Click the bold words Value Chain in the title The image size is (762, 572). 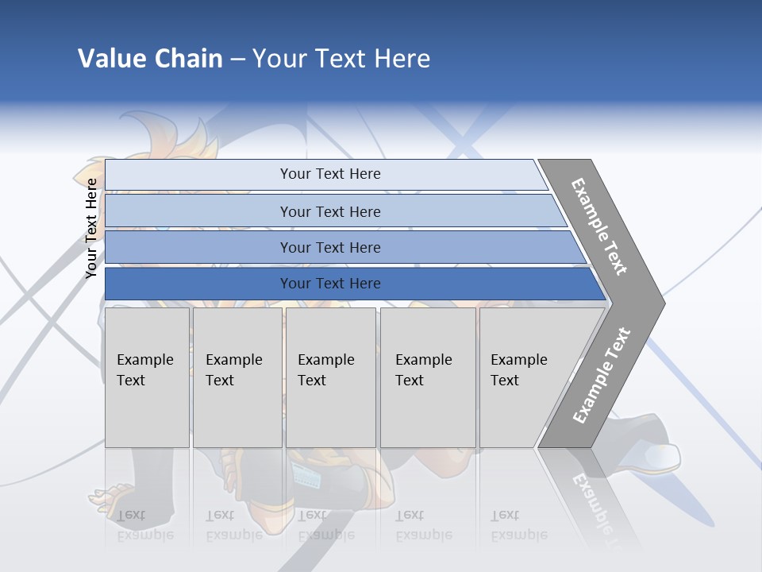tap(150, 59)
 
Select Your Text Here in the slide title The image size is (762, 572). tap(341, 59)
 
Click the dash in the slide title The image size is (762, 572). tap(237, 59)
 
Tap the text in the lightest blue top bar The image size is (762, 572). tap(330, 174)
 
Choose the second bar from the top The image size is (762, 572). tap(330, 211)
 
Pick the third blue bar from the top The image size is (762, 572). tap(330, 248)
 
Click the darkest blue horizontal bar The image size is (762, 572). tap(330, 284)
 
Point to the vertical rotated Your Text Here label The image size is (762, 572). tap(91, 228)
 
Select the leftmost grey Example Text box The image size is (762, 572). tap(146, 377)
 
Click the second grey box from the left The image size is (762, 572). tap(236, 377)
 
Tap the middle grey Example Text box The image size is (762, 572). tap(329, 377)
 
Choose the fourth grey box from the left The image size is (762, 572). tap(427, 377)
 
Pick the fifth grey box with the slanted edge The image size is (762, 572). tap(524, 377)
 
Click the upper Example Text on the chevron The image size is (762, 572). tap(600, 226)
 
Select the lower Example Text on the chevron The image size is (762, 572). tap(602, 375)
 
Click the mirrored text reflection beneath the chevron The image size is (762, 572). tap(591, 504)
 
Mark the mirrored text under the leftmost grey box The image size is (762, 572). tap(144, 525)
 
